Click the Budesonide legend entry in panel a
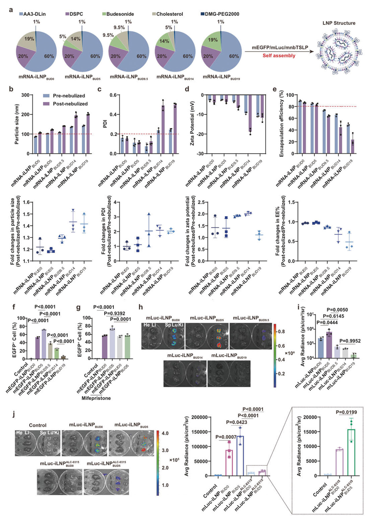(x=120, y=14)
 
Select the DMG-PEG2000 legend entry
(x=222, y=14)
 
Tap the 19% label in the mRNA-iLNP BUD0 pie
(x=29, y=39)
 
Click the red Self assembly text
(x=279, y=56)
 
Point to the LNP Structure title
(x=339, y=23)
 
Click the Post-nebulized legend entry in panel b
(x=70, y=104)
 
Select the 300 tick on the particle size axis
(x=25, y=95)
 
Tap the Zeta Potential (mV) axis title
(x=192, y=123)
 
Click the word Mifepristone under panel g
(x=96, y=398)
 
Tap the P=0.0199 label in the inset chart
(x=346, y=412)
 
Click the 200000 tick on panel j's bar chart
(x=205, y=417)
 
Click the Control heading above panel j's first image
(x=38, y=425)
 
